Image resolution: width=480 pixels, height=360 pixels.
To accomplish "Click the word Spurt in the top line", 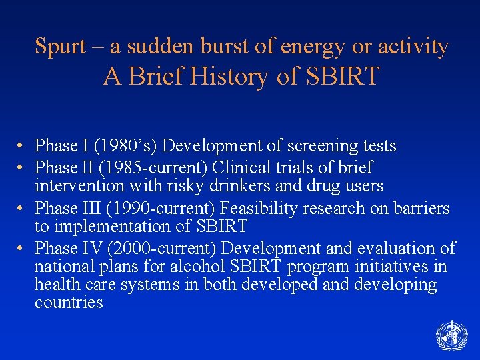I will (60, 47).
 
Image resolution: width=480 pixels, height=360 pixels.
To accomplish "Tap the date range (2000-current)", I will (161, 249).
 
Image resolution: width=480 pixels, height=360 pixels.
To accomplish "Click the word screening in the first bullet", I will (316, 145).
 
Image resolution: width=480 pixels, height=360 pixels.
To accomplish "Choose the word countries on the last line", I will (69, 303).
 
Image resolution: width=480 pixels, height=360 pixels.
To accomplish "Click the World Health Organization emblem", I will (451, 335).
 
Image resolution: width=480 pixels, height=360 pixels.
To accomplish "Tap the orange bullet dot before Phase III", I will (22, 208).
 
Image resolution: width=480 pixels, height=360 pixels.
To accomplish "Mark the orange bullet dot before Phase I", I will (22, 145).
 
